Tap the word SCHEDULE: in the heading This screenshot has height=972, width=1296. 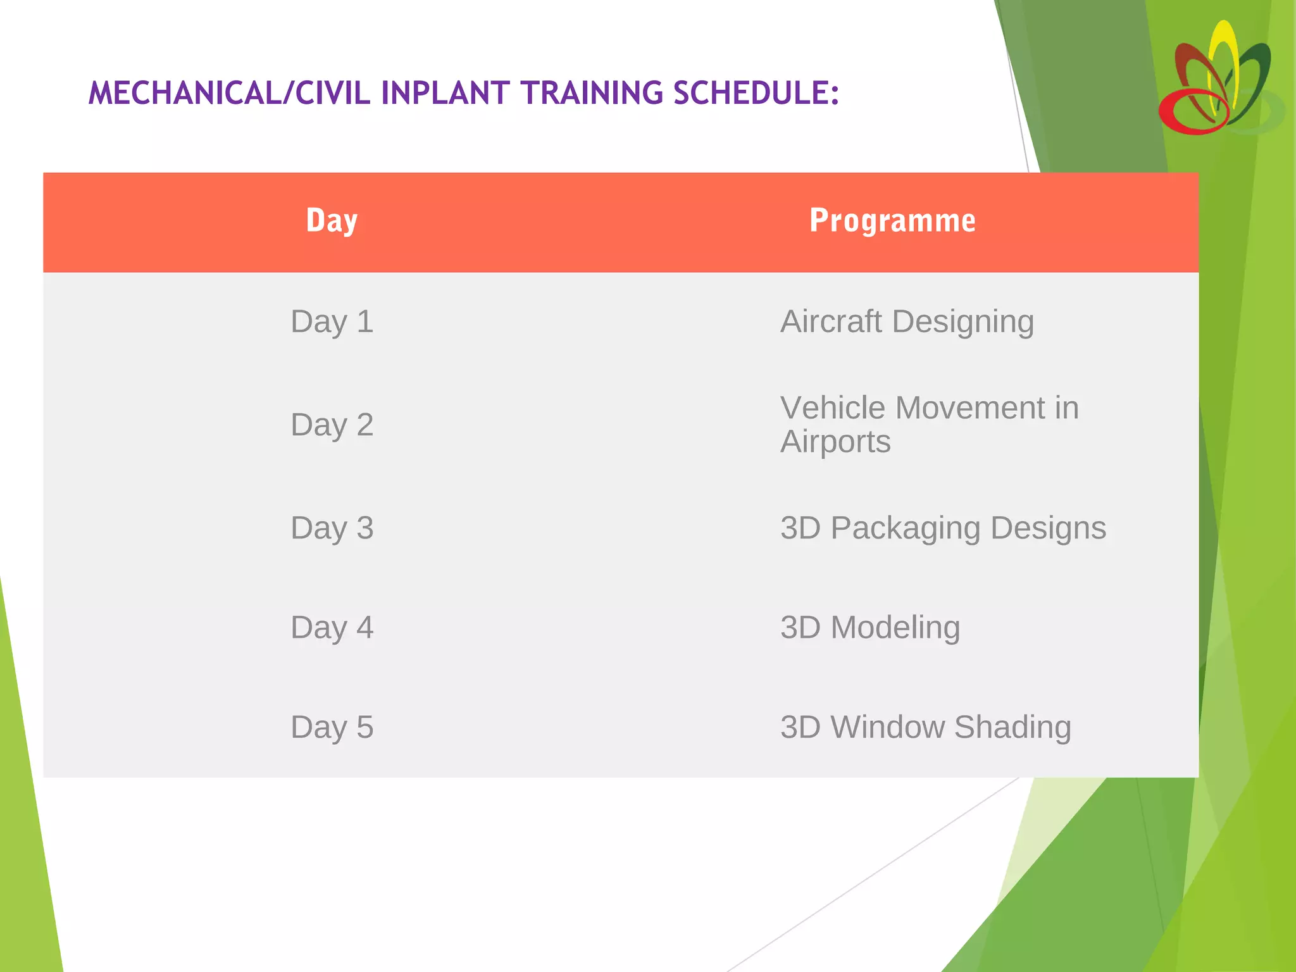[756, 94]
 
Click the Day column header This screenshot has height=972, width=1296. [332, 221]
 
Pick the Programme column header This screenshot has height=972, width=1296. [892, 221]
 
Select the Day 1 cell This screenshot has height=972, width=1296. [332, 321]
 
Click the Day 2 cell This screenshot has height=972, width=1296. [332, 425]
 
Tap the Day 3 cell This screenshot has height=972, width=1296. [332, 528]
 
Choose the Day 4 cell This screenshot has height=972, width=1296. [332, 627]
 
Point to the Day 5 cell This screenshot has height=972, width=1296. [332, 726]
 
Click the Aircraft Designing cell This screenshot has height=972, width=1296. [907, 321]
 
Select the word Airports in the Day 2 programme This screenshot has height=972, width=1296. [835, 442]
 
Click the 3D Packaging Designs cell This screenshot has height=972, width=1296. [943, 528]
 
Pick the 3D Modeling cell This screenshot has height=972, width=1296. [870, 627]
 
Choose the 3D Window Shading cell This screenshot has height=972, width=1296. [925, 726]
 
